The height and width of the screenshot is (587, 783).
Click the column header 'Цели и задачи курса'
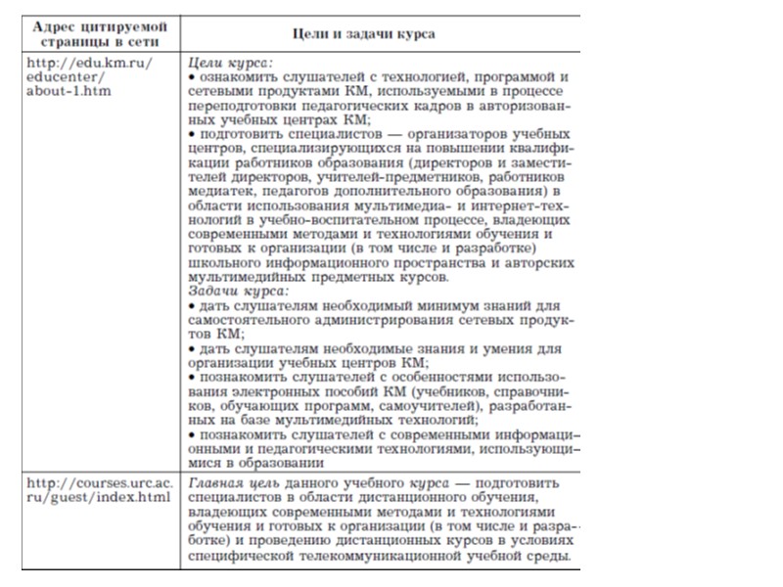(381, 33)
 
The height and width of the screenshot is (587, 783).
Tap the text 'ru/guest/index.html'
(98, 498)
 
